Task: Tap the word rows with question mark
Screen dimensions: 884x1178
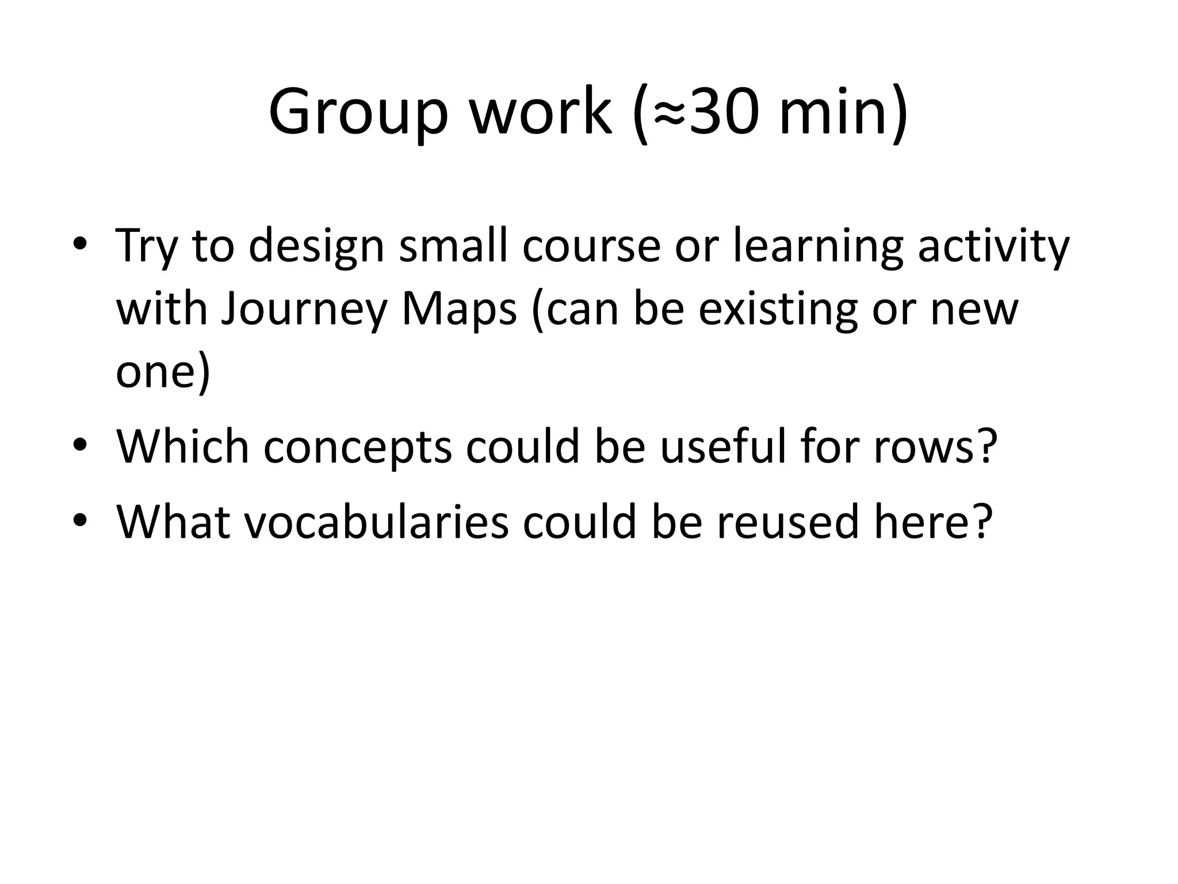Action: [x=935, y=447]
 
